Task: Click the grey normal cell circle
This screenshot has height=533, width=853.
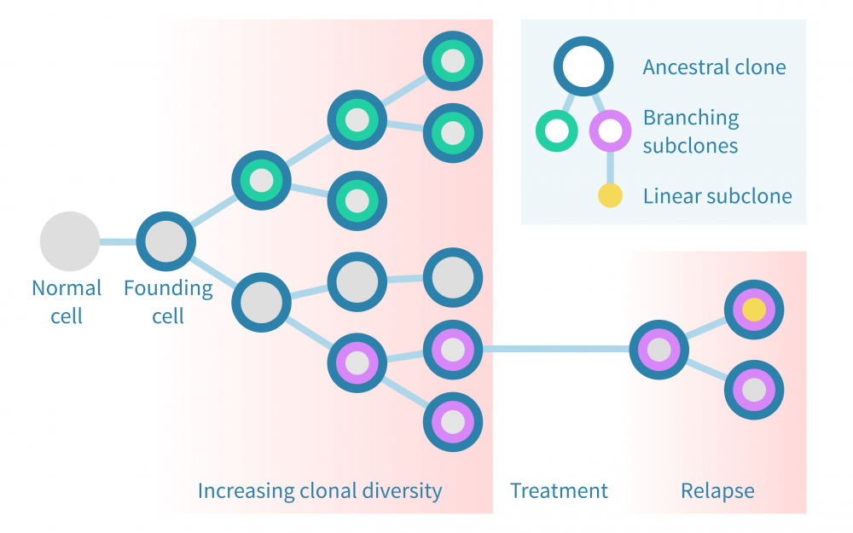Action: (70, 241)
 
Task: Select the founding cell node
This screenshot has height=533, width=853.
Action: (165, 241)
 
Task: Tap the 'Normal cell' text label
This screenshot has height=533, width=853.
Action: (67, 302)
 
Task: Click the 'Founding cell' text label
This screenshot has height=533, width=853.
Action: (168, 302)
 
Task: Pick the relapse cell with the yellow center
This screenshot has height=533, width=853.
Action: (753, 310)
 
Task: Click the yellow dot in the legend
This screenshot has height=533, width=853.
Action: (610, 196)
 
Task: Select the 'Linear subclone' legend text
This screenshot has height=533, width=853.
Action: (717, 196)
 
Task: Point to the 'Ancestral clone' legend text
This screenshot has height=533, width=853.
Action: (714, 67)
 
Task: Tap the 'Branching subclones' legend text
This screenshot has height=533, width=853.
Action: (691, 131)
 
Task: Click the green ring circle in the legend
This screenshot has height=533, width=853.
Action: (556, 131)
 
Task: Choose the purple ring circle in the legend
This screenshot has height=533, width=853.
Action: (610, 131)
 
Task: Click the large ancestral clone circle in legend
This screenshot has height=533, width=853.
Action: (583, 67)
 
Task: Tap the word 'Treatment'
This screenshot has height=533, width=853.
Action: (559, 490)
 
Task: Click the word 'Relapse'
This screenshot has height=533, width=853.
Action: (717, 490)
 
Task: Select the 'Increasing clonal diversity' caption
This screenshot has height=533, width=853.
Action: (320, 490)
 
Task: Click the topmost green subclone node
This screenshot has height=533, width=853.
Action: (453, 61)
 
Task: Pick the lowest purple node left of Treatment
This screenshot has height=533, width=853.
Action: (453, 421)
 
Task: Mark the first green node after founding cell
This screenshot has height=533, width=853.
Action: (261, 181)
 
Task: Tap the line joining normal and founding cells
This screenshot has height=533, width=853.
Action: (118, 241)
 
